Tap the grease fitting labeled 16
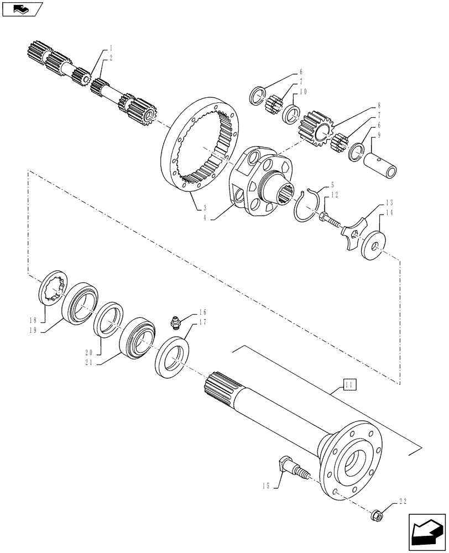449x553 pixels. point(175,322)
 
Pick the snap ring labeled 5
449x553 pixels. point(306,206)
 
